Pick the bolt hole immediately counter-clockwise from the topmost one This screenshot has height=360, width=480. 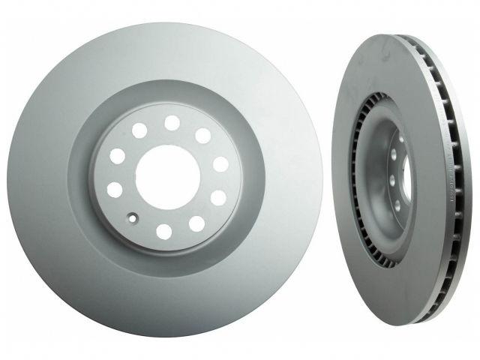139,131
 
